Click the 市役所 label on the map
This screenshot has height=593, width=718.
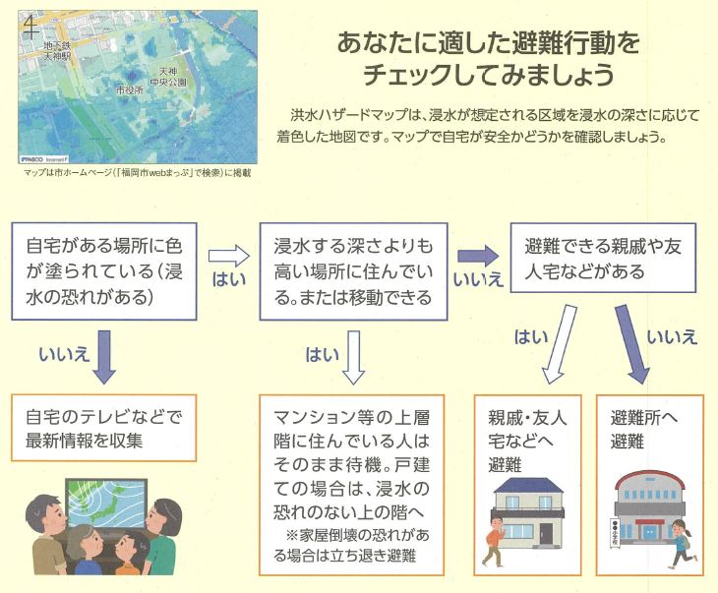pos(130,89)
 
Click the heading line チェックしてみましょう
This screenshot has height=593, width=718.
pos(489,74)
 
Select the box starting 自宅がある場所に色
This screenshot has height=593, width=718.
pos(104,267)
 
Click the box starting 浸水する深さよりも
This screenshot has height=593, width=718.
pos(352,267)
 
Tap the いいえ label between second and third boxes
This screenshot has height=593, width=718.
pos(479,280)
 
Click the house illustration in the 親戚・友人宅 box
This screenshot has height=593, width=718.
pos(527,511)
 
